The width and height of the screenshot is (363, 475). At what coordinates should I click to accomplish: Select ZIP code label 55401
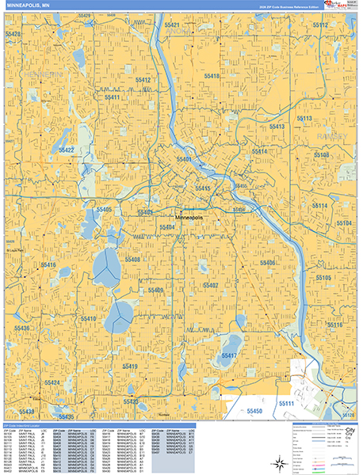tap(184, 159)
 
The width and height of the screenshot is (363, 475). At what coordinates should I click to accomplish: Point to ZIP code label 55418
tap(211, 76)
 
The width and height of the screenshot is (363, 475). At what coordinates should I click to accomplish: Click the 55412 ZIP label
tap(143, 80)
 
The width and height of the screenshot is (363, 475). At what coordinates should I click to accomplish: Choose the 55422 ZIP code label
tap(66, 150)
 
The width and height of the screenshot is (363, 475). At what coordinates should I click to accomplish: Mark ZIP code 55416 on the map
tap(48, 265)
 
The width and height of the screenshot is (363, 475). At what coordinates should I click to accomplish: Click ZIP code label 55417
tap(228, 356)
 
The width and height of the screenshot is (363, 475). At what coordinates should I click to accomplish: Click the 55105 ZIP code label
tap(323, 278)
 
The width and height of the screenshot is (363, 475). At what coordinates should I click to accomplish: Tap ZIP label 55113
tap(304, 118)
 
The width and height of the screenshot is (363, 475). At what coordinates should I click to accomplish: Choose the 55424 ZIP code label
tap(52, 382)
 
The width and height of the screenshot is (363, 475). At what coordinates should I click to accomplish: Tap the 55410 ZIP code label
tap(88, 318)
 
